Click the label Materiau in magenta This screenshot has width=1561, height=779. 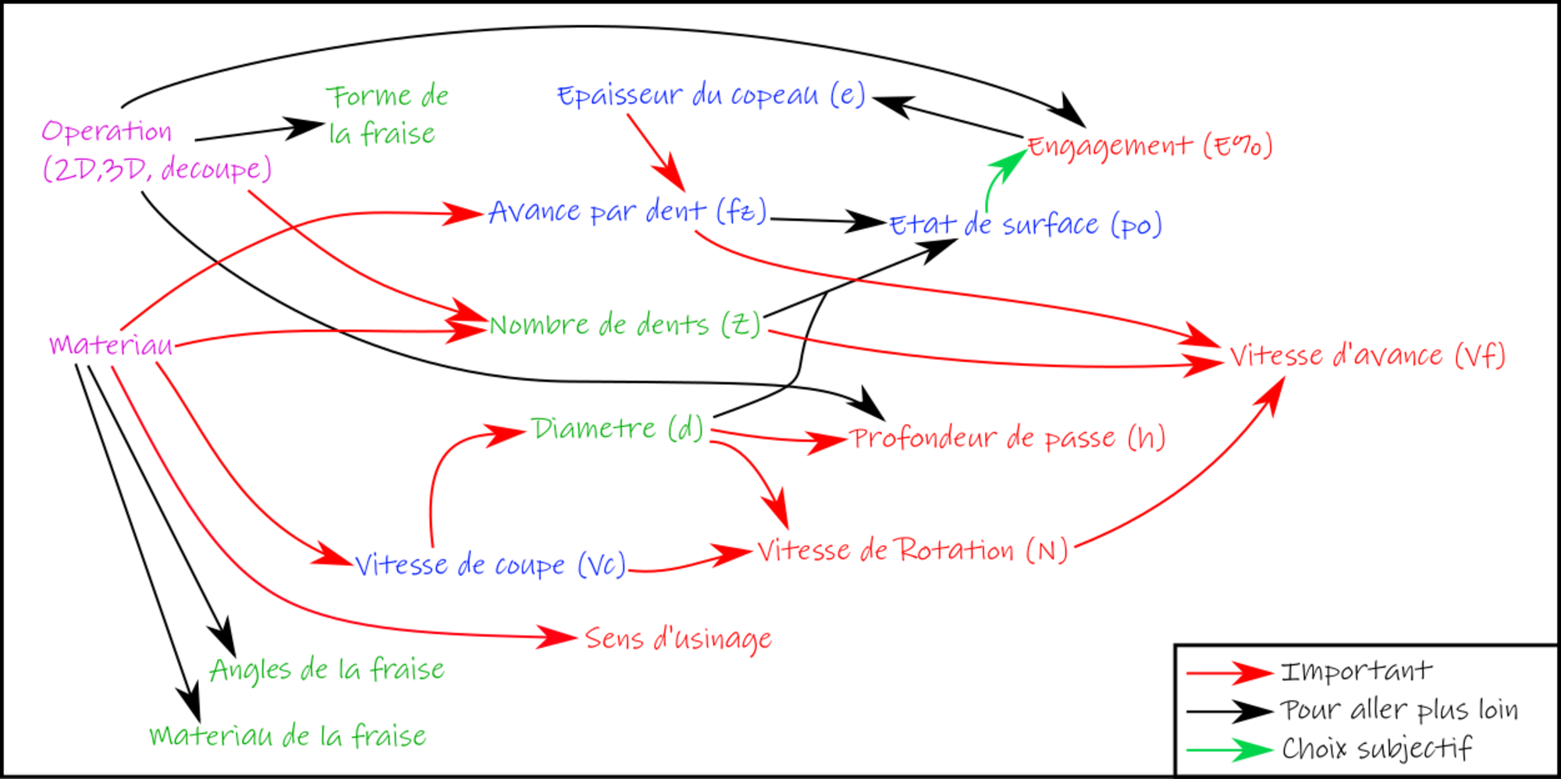[110, 344]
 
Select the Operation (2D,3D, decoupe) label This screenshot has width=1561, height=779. [156, 151]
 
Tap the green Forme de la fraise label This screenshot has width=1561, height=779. [387, 115]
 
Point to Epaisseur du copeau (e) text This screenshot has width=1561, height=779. [711, 95]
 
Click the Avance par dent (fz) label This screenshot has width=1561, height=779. [627, 211]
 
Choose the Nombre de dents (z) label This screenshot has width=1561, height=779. [624, 325]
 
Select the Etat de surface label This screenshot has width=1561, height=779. [1026, 225]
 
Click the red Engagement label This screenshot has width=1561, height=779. [1150, 146]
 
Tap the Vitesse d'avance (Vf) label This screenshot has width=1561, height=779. [1367, 356]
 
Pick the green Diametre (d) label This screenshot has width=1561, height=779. [617, 429]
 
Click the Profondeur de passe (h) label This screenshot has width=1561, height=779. [1007, 438]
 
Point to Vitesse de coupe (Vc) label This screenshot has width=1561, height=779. [489, 564]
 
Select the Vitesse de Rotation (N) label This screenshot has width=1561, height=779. [912, 551]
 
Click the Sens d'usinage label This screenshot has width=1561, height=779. [678, 638]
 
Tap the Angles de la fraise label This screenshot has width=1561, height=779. [327, 670]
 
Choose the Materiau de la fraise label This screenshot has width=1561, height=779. [288, 736]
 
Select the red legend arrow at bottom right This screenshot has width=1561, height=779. [1230, 673]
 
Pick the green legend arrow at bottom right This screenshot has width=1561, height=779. [1230, 749]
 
